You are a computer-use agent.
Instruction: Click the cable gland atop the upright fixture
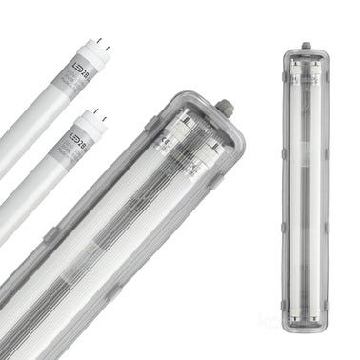click(306, 46)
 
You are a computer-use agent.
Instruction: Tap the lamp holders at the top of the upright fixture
click(306, 66)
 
